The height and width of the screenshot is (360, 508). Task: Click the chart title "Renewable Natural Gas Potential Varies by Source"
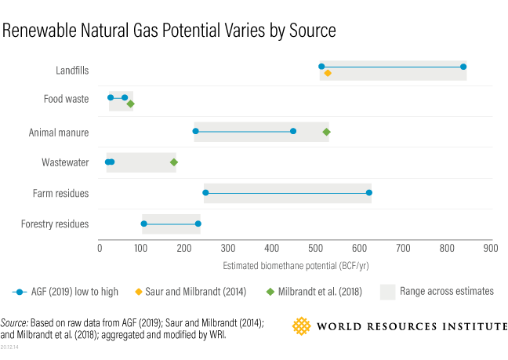pos(169,31)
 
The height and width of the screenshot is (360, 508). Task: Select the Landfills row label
pos(72,71)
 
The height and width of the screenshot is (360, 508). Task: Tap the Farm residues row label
pos(60,193)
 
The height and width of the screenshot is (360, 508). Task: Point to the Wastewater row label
pos(65,162)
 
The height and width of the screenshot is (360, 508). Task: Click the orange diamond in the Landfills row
pos(327,73)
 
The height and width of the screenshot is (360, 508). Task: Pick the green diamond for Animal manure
pos(326,132)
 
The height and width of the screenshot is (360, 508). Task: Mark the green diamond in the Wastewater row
pos(174,162)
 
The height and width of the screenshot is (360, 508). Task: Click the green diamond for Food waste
pos(131,104)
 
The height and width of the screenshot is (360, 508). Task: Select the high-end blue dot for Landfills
pos(463,67)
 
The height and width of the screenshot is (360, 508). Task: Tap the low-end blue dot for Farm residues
pos(205,193)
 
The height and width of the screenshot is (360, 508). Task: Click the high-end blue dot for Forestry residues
pos(198,224)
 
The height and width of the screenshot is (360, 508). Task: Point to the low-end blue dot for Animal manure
pos(195,132)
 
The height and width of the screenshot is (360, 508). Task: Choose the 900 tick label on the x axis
pos(490,248)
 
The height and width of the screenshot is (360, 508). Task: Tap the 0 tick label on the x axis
pos(100,248)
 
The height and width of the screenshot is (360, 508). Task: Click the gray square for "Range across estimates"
pos(388,292)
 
